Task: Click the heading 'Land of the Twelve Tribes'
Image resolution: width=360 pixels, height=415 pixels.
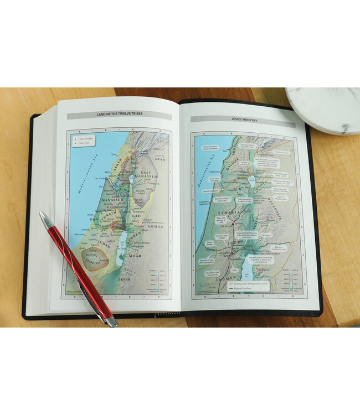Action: (x=119, y=115)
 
